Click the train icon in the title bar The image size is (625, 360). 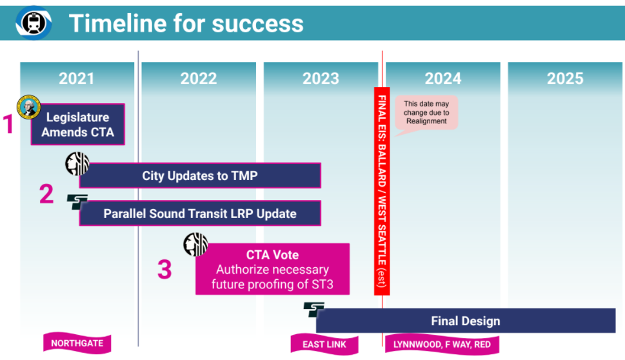click(x=34, y=23)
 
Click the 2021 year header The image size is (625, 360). click(x=76, y=79)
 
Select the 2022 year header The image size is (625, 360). click(x=198, y=79)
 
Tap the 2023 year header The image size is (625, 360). click(x=321, y=79)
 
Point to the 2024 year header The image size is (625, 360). click(x=442, y=79)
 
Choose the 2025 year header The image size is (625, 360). click(x=565, y=79)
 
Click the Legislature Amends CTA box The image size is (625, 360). click(x=77, y=125)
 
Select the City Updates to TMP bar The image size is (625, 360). click(x=200, y=175)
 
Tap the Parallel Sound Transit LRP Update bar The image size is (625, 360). click(x=200, y=214)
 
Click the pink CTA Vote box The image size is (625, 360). click(x=272, y=269)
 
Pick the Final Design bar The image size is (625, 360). click(x=465, y=321)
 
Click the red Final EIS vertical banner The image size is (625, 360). click(x=382, y=191)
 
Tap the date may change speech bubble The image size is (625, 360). click(x=426, y=113)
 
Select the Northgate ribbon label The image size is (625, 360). click(x=77, y=343)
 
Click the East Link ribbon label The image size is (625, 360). click(x=324, y=344)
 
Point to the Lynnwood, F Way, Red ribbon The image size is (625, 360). click(x=442, y=344)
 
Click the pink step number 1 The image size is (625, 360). click(x=9, y=125)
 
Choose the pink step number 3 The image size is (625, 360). click(x=164, y=270)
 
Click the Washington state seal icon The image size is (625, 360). click(x=29, y=107)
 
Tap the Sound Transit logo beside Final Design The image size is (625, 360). click(x=314, y=310)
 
